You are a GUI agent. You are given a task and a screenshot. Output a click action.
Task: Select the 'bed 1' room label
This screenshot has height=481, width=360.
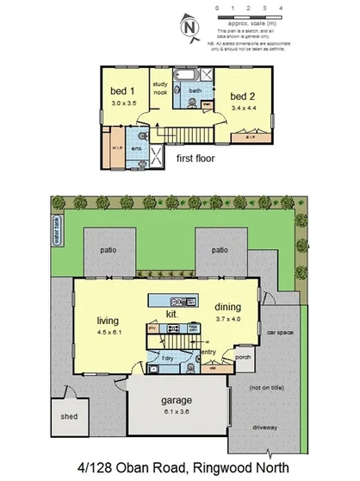pyautogui.click(x=121, y=91)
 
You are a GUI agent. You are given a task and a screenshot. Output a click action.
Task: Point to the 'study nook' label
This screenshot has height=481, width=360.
pyautogui.click(x=161, y=88)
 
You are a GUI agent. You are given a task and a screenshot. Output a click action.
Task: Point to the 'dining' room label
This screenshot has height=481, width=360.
pyautogui.click(x=227, y=307)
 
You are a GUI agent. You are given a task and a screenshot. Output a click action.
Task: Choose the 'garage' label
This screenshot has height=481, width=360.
pyautogui.click(x=175, y=400)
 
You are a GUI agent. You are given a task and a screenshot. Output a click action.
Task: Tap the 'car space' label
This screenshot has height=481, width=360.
pyautogui.click(x=281, y=331)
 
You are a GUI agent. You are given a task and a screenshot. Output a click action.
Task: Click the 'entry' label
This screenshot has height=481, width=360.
pyautogui.click(x=209, y=351)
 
